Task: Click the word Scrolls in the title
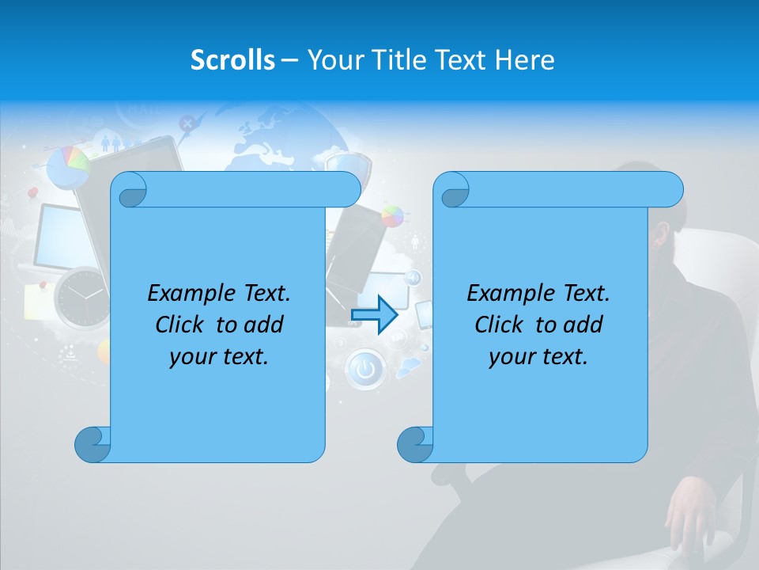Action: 232,60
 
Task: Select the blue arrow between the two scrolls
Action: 374,315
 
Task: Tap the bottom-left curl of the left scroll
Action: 92,444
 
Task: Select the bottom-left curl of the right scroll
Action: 414,444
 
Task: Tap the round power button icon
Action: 364,370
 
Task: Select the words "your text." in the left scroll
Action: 219,356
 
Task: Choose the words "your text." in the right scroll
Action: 538,356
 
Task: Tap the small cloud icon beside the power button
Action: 408,367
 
